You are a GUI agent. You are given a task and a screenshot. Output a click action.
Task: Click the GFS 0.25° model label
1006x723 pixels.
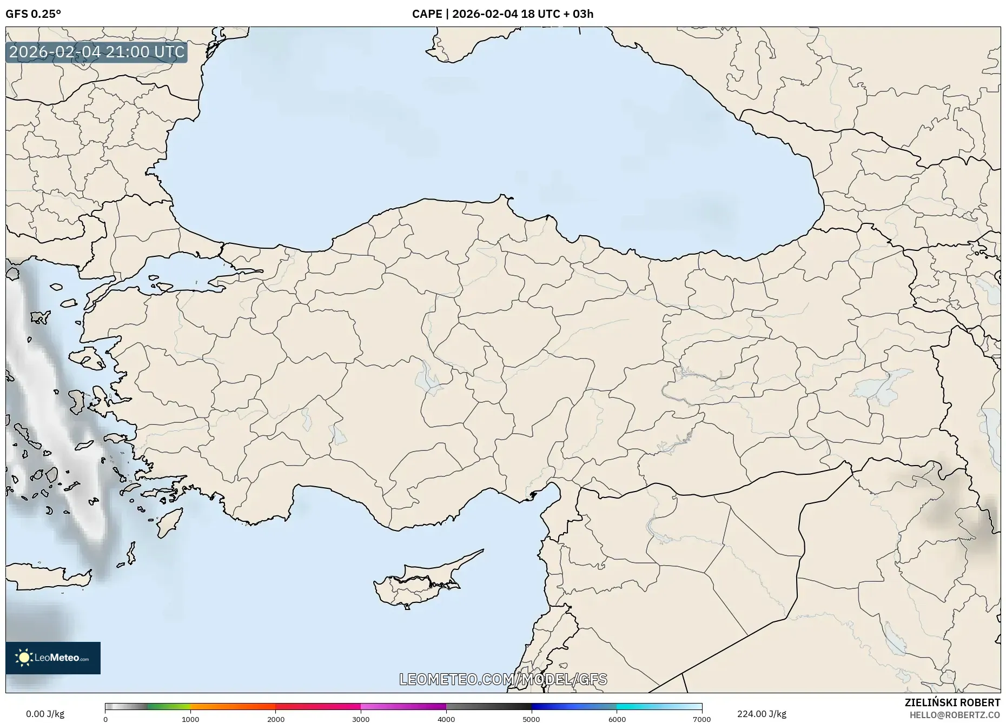coord(33,14)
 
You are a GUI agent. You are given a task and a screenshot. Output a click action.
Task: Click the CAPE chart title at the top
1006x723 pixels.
coord(502,14)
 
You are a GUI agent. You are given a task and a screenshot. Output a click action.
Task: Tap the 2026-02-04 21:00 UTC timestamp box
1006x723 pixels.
coord(97,52)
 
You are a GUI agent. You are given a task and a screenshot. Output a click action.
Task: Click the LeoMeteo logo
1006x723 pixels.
coord(53,658)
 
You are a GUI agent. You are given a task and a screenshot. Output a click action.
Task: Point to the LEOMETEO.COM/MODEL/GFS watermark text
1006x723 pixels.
coord(503,679)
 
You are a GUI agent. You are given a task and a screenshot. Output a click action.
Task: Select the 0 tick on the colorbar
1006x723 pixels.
coord(105,719)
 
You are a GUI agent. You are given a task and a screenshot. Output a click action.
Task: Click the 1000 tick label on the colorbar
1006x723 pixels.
coord(190,719)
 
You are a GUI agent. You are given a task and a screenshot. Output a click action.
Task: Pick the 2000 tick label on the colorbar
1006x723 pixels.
coord(276,719)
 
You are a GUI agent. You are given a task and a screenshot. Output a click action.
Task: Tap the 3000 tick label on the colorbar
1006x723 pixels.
coord(361,719)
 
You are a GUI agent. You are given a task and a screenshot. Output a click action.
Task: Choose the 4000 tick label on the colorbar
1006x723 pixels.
coord(446,719)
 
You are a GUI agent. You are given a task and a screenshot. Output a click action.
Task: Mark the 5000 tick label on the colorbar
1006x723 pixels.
coord(531,719)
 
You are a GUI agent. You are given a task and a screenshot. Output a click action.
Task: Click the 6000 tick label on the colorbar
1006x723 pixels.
coord(617,719)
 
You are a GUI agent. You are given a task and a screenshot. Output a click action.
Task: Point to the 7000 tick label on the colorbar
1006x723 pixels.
coord(701,719)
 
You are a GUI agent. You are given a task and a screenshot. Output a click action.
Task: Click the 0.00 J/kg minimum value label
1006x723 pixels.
coord(45,714)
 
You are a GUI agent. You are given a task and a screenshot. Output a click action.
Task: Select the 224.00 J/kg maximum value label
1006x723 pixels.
coord(762,714)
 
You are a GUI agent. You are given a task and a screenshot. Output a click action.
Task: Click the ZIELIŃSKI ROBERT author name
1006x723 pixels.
coord(952,702)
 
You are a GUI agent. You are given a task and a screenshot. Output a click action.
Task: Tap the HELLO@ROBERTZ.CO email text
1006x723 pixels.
coord(955,715)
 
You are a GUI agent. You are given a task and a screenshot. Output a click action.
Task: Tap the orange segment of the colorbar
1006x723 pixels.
coord(233,707)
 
